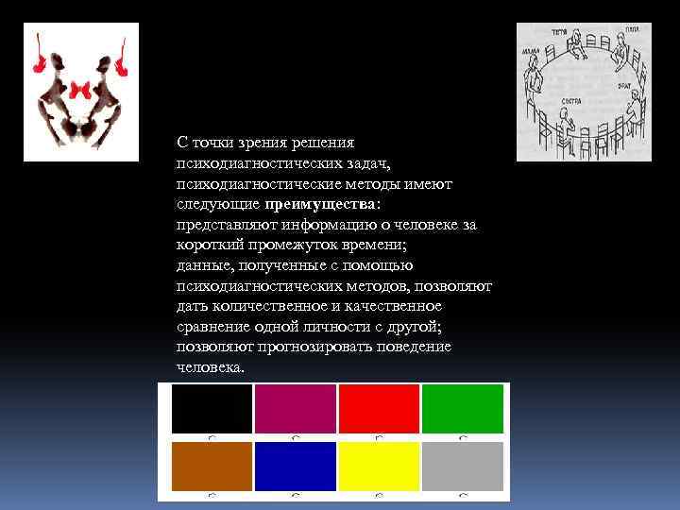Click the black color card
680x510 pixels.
[x=212, y=409]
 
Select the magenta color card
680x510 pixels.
[x=295, y=409]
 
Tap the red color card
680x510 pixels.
[x=378, y=409]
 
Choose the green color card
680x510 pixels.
[x=462, y=409]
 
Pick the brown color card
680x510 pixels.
[x=212, y=466]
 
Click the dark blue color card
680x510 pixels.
[x=295, y=466]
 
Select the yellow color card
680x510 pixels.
[x=378, y=466]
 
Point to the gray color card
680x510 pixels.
[x=462, y=466]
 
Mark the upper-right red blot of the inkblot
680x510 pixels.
[x=121, y=59]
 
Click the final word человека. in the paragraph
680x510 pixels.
[x=210, y=367]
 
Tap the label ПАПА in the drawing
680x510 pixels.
[x=632, y=30]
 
